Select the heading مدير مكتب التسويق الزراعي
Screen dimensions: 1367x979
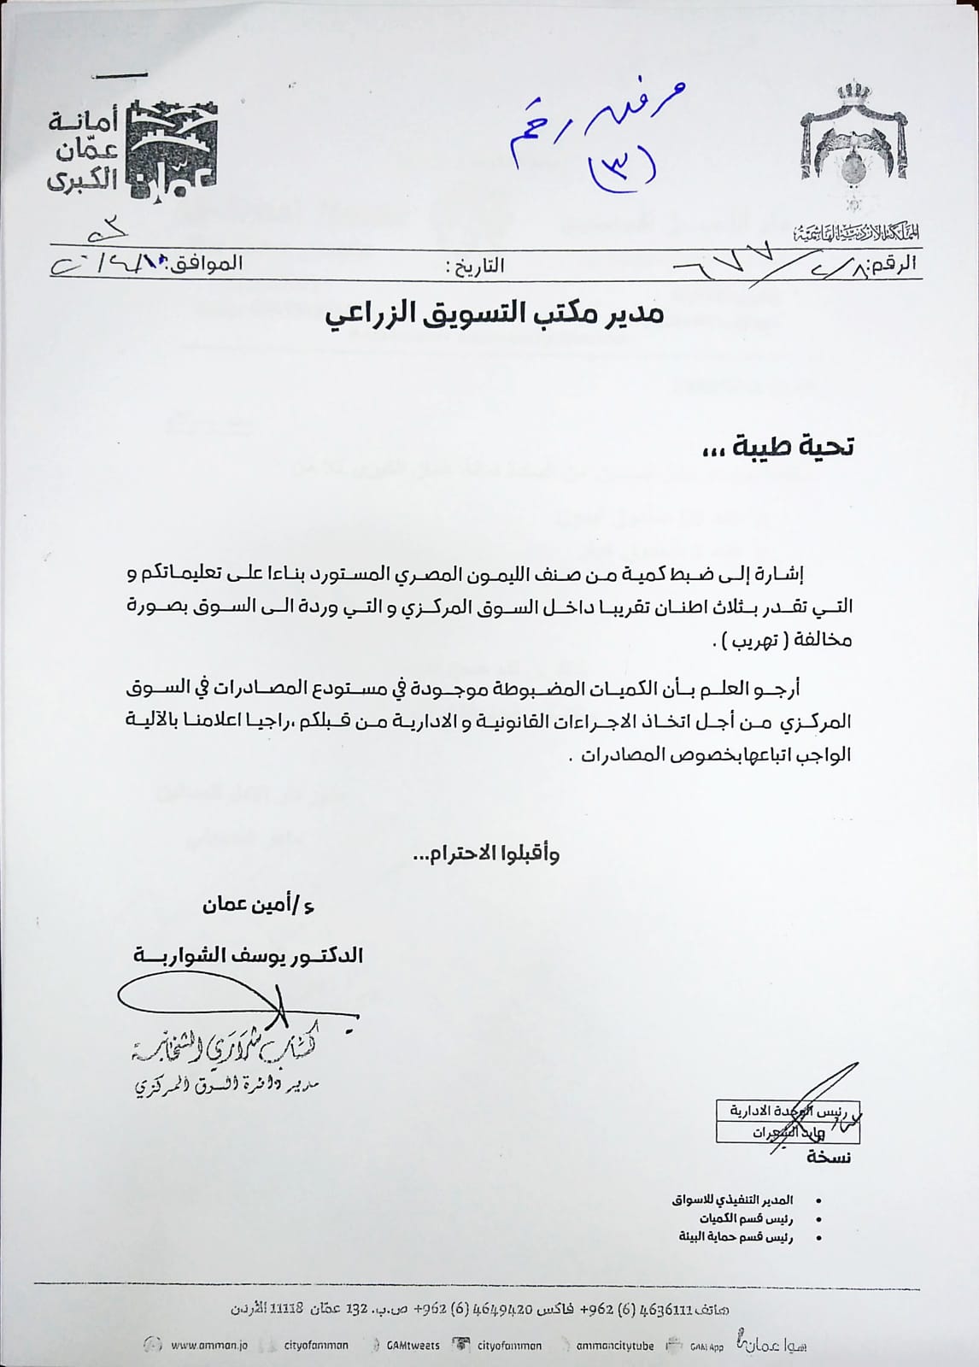495,314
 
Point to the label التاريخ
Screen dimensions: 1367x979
476,266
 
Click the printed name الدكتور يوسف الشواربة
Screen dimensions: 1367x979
248,955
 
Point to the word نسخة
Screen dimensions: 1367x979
828,1157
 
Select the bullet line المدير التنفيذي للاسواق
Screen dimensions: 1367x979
732,1200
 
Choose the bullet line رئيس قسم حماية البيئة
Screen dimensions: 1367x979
736,1236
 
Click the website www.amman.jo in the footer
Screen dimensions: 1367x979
208,1345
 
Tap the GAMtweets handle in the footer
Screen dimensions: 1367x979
413,1345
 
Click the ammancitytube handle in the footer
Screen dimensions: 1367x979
614,1345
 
